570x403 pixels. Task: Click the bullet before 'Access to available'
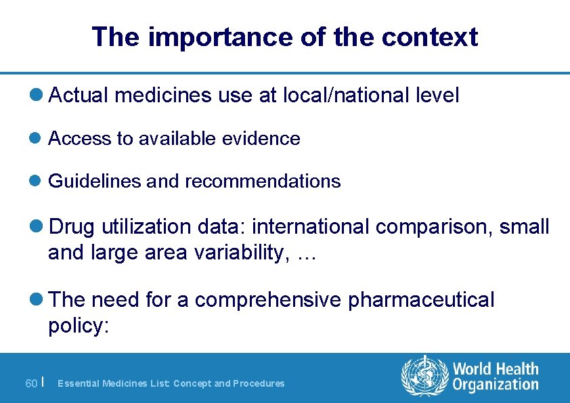point(40,139)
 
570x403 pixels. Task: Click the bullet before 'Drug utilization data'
point(40,227)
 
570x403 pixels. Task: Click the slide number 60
point(31,383)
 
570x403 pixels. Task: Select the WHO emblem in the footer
point(424,377)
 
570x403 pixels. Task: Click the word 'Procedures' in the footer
point(259,383)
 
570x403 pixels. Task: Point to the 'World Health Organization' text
point(496,377)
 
